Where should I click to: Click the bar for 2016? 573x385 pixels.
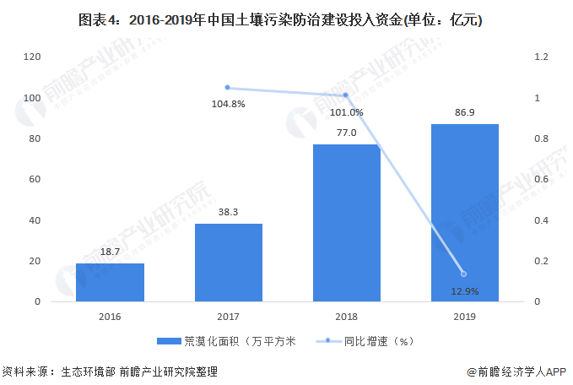[110, 282]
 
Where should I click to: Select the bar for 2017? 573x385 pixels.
[228, 263]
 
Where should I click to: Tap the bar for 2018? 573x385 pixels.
[346, 223]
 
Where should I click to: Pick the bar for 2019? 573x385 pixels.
[464, 213]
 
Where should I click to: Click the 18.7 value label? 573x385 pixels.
[110, 252]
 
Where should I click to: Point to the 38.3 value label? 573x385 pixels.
[228, 212]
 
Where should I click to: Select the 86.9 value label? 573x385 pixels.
[464, 112]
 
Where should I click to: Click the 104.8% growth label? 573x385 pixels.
[228, 104]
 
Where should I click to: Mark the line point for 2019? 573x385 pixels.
[464, 274]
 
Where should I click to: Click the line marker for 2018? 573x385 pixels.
[346, 95]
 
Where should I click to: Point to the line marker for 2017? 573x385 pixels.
[228, 87]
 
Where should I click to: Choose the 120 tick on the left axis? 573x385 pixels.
[33, 57]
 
